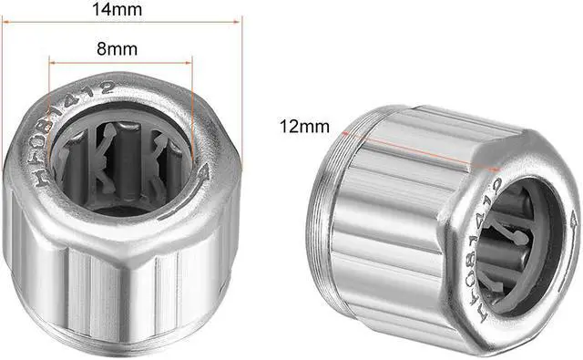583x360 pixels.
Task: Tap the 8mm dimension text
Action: click(120, 47)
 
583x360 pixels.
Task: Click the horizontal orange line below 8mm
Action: click(120, 62)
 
